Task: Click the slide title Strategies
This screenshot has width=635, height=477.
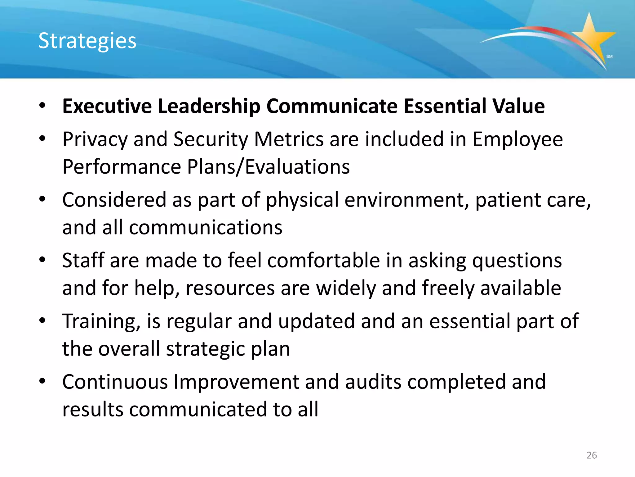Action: pyautogui.click(x=87, y=41)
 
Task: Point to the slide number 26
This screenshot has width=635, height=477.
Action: pyautogui.click(x=592, y=455)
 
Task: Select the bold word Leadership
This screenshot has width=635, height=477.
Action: pyautogui.click(x=209, y=106)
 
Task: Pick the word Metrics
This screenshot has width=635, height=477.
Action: pyautogui.click(x=289, y=139)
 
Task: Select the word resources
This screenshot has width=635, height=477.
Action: pyautogui.click(x=230, y=288)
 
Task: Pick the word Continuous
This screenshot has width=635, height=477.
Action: pyautogui.click(x=115, y=382)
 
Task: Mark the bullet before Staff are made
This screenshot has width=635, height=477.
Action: pyautogui.click(x=42, y=260)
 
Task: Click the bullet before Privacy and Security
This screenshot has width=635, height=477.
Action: pyautogui.click(x=42, y=139)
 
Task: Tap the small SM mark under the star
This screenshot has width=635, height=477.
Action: pyautogui.click(x=609, y=57)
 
